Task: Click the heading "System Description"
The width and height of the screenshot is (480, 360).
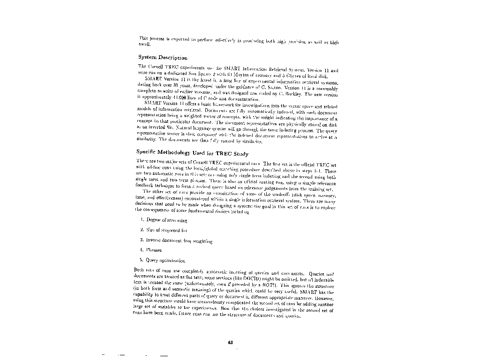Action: point(163,58)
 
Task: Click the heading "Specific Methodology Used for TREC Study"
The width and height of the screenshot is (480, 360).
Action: point(192,153)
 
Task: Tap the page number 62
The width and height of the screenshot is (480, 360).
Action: point(230,343)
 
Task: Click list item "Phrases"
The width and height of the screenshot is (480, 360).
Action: point(154,250)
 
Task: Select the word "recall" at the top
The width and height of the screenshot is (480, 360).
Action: point(143,44)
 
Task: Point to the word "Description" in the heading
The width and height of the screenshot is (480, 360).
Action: point(172,58)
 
